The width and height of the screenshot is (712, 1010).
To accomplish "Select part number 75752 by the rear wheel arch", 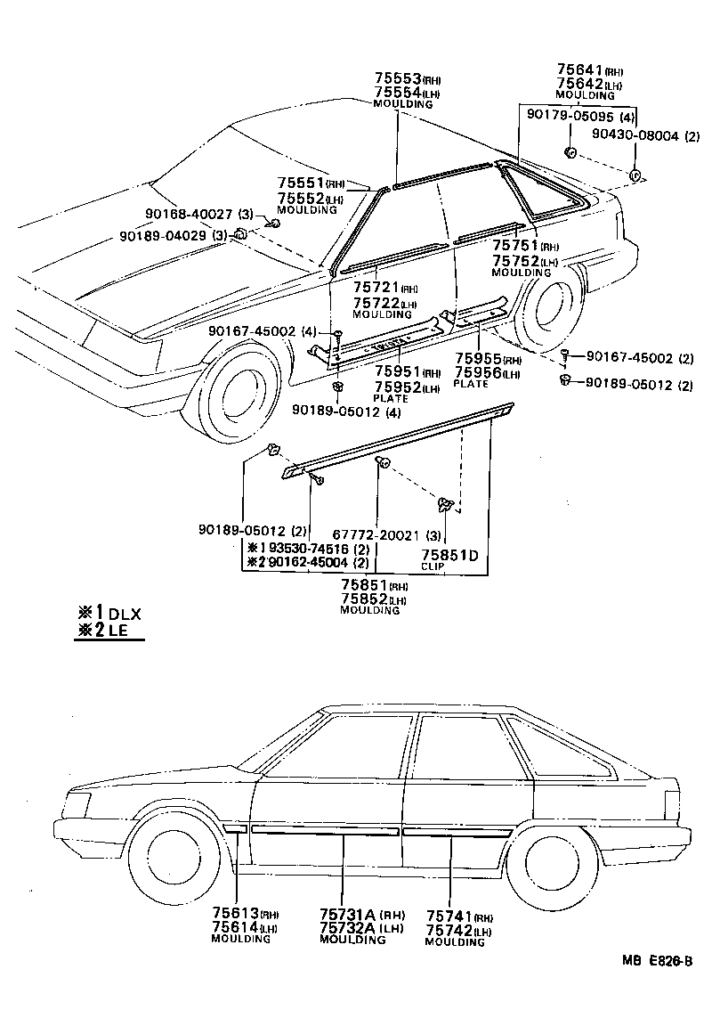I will pyautogui.click(x=516, y=261).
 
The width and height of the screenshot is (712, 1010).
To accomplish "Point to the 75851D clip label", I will pyautogui.click(x=449, y=556).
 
